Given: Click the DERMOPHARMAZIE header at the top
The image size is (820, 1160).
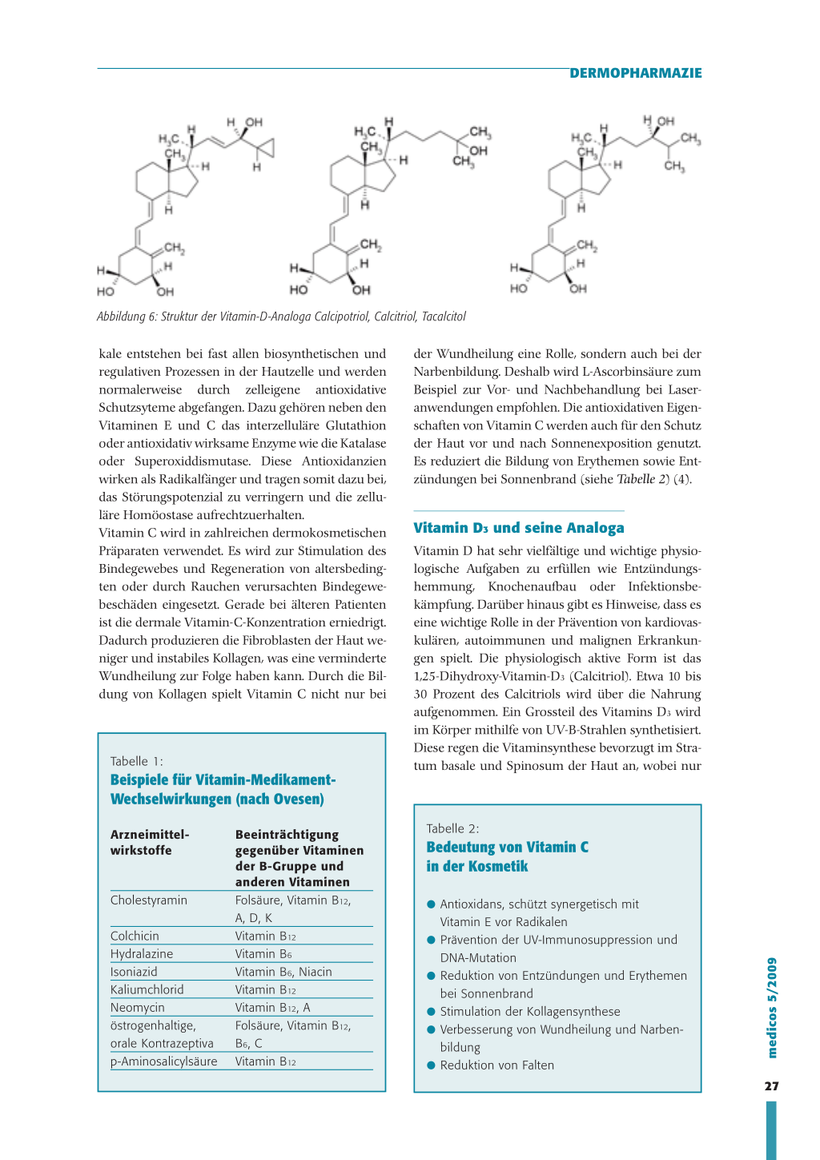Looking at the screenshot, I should point(635,73).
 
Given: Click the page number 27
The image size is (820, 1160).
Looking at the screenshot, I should point(771,1086).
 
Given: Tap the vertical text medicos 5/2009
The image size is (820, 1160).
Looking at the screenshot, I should point(772,1008).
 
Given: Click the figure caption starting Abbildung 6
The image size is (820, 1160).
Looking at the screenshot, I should point(281,316).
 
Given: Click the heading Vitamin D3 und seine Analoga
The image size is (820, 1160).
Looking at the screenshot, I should point(518,528).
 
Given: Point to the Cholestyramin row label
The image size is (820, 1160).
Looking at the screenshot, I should point(149,900).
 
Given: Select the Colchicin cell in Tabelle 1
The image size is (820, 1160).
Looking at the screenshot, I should point(135,936).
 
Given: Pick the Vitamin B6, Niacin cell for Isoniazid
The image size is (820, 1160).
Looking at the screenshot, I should point(283,972).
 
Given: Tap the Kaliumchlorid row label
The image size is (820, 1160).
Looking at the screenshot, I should point(147,989).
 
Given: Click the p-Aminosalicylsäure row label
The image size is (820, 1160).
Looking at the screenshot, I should point(163,1061).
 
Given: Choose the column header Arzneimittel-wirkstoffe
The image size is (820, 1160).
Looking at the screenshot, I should point(149,842).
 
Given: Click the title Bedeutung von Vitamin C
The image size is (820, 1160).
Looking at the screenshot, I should point(507,847).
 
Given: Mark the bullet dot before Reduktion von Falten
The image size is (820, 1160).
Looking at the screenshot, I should point(431,1065).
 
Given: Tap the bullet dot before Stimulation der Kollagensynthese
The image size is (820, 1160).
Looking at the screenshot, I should point(431,1012).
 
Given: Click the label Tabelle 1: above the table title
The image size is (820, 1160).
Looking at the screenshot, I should point(136,761).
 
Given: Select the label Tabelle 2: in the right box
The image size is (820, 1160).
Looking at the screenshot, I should point(452,828).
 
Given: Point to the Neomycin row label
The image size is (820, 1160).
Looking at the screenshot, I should point(138,1008).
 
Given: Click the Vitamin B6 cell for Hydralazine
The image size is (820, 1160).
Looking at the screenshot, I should point(263,954).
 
